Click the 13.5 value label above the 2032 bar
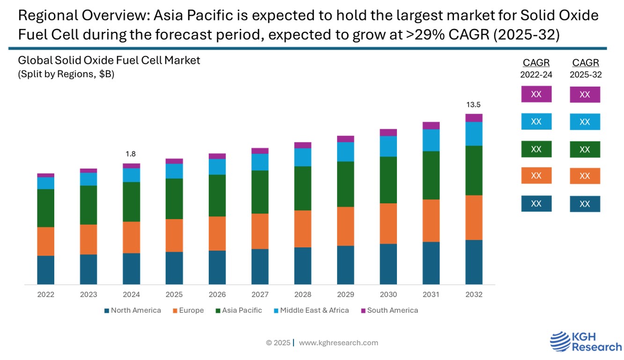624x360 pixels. point(474,104)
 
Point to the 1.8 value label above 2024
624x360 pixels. point(131,154)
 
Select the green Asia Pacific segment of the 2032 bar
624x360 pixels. point(474,170)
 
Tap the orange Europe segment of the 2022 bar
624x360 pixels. point(46,241)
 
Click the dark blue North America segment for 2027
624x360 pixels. point(260,266)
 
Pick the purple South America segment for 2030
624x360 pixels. point(388,132)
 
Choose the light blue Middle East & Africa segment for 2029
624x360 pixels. point(345,152)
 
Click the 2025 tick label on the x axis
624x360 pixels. point(174,294)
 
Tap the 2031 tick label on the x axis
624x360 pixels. point(431,294)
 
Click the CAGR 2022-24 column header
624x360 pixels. point(536,68)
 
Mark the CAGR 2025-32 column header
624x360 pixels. point(586,68)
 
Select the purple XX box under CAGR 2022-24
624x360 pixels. point(536,94)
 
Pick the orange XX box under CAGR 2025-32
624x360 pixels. point(585,176)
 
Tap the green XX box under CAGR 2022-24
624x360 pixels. point(536,149)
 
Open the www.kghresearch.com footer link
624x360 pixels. point(338,343)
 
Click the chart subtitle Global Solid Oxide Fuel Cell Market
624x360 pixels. point(109,60)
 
